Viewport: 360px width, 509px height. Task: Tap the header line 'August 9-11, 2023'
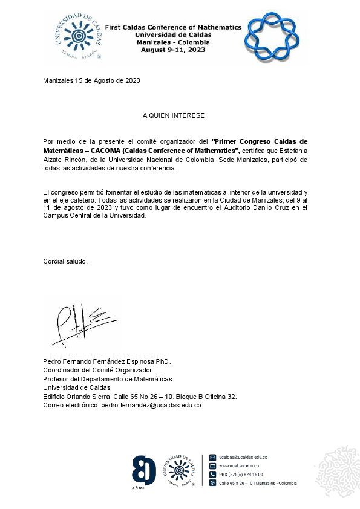(x=173, y=50)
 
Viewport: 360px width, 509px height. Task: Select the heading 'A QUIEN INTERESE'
(x=174, y=115)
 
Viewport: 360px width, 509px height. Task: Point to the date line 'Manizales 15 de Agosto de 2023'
(x=92, y=81)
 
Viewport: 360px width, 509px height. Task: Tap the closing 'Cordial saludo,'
(x=65, y=261)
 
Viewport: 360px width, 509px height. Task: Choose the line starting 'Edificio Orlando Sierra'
(x=139, y=397)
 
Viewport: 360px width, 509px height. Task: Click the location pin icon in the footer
(x=212, y=483)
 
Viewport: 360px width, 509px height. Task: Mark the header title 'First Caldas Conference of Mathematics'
(x=173, y=27)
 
